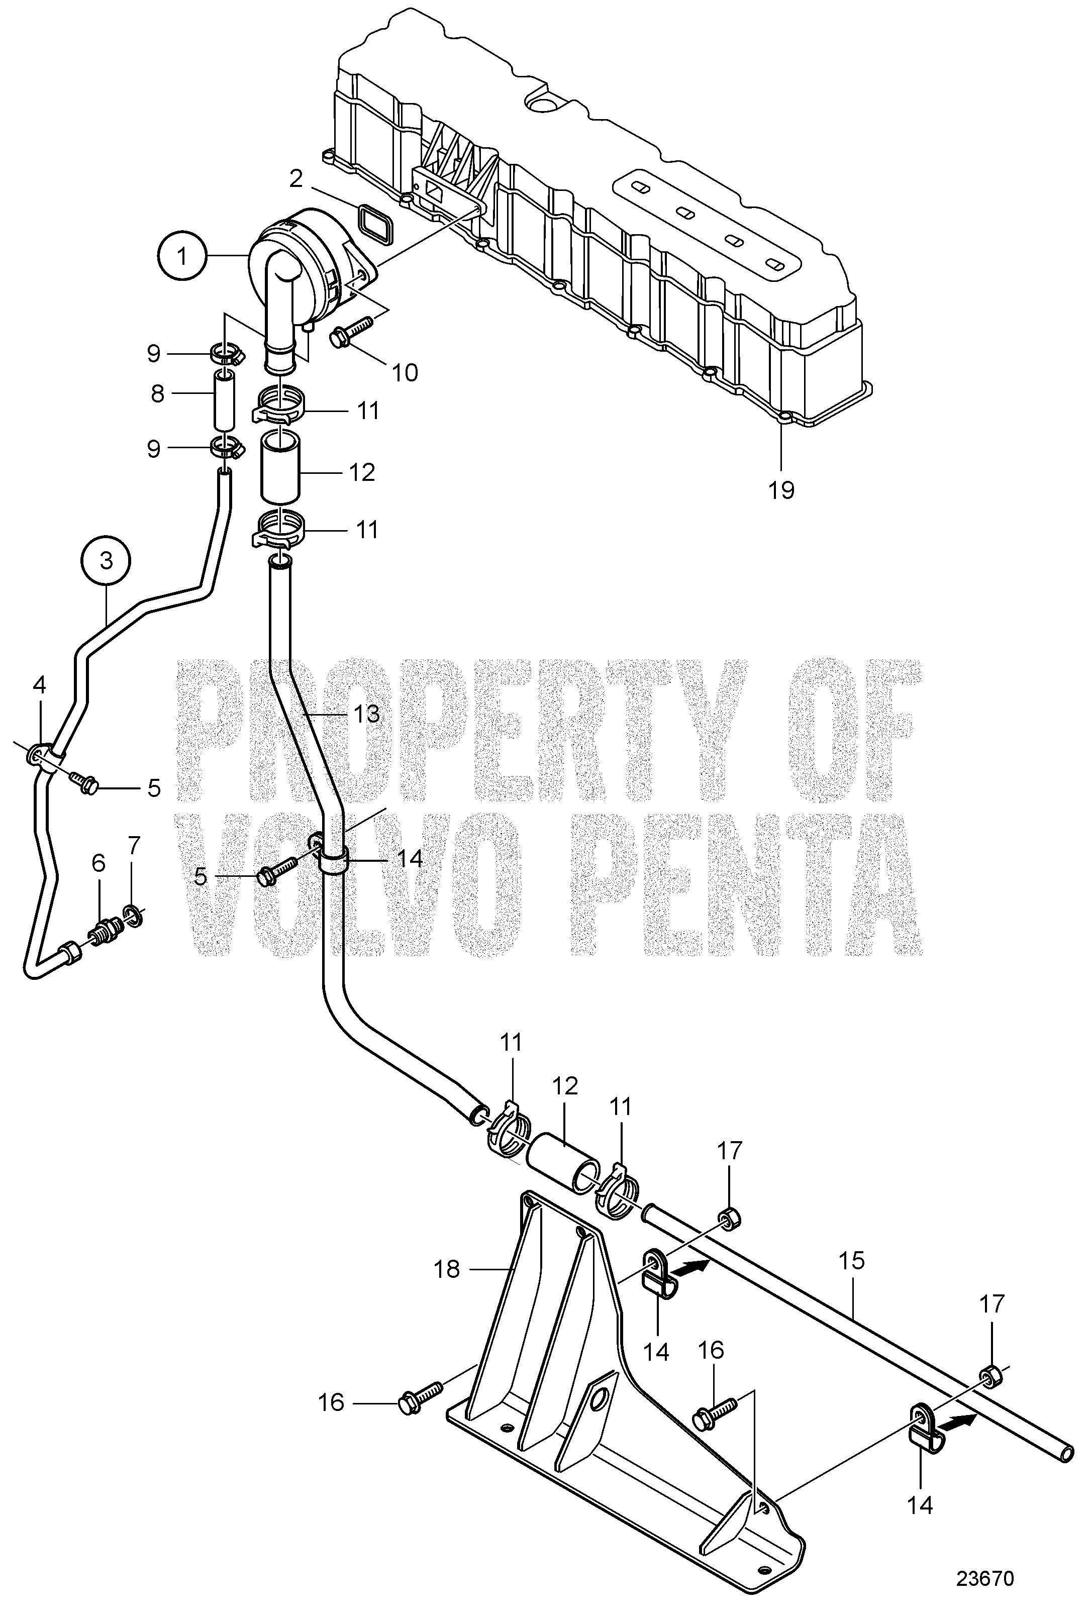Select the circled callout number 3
pos(106,560)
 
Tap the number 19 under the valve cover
pos(781,490)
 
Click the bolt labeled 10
pos(355,331)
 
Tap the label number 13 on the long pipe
pos(366,713)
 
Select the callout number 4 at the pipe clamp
pos(40,685)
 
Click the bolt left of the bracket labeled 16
pos(421,1398)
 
